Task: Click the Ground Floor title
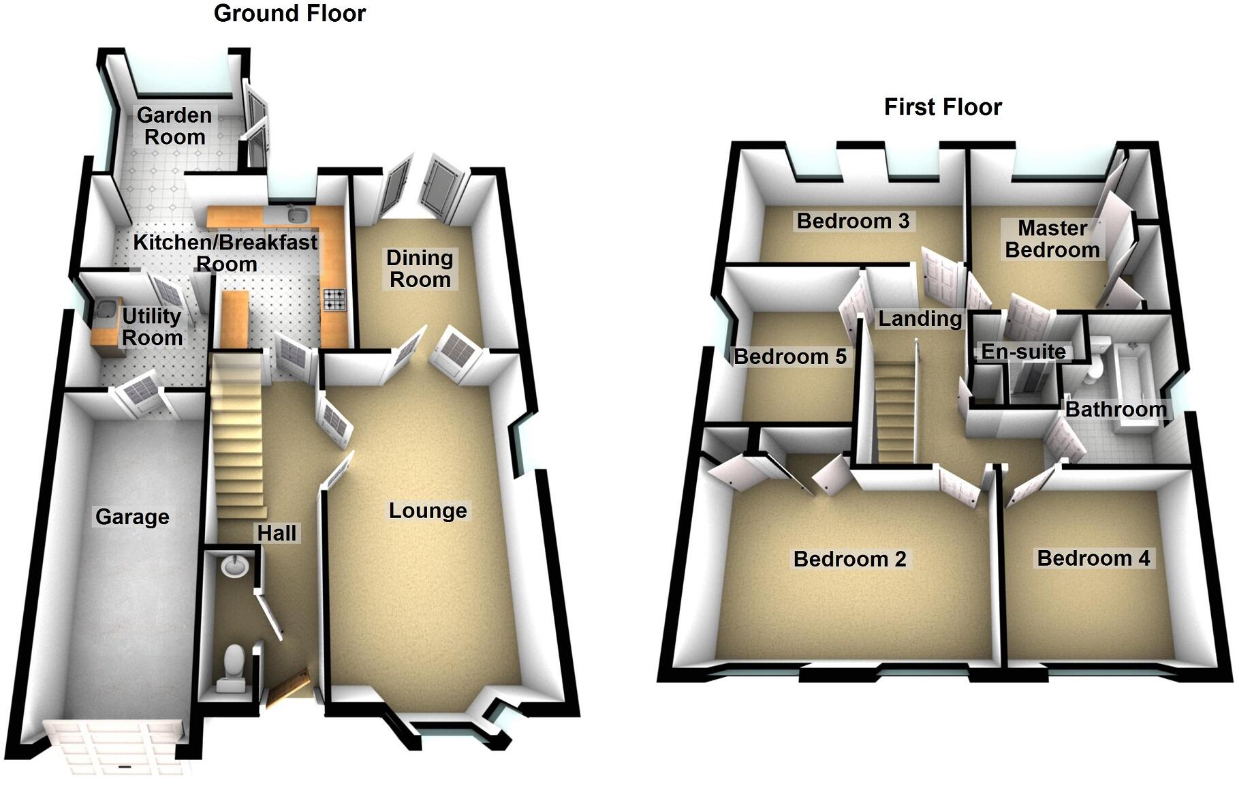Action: click(289, 14)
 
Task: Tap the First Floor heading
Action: click(943, 107)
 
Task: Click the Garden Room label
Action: click(174, 126)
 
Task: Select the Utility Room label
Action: click(152, 327)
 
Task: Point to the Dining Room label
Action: click(420, 269)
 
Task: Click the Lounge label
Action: click(428, 511)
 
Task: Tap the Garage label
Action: click(132, 517)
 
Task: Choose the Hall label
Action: click(277, 532)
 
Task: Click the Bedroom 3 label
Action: click(853, 221)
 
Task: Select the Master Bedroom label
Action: click(1052, 239)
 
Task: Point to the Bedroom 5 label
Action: click(789, 356)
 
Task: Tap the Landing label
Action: click(920, 318)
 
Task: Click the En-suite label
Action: click(1023, 352)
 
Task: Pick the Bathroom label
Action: click(1116, 409)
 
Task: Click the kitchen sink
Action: click(296, 215)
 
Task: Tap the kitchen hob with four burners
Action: click(334, 299)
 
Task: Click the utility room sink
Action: click(105, 310)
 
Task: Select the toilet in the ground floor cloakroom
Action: click(233, 665)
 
